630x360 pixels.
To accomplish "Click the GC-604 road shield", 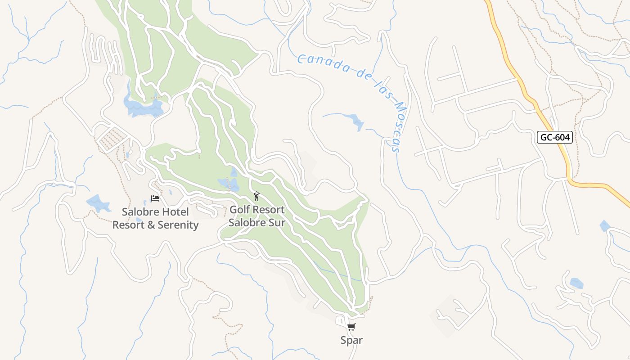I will click(x=554, y=137).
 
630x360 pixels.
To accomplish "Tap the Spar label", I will click(x=351, y=340).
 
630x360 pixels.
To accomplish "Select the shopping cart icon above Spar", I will click(x=351, y=327).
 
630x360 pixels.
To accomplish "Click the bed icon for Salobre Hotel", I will click(x=155, y=198).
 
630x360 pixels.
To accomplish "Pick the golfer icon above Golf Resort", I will click(x=256, y=196).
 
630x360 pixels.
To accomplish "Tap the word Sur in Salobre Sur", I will click(x=276, y=222).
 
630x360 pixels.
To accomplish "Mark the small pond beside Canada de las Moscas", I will click(x=357, y=121).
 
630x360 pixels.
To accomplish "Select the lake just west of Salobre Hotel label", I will click(x=98, y=203).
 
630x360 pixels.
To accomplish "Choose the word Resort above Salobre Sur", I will click(x=270, y=210).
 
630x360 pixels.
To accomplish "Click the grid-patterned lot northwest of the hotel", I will click(x=112, y=138).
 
